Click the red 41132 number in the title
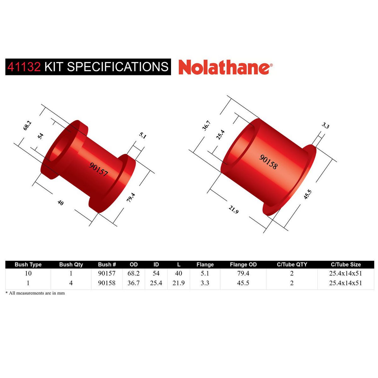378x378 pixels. click(x=24, y=67)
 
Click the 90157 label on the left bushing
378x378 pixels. click(x=99, y=169)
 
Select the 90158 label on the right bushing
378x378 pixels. click(x=268, y=162)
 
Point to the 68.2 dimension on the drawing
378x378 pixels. click(x=27, y=125)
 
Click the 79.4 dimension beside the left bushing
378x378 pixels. click(x=131, y=197)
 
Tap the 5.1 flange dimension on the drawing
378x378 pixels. click(x=143, y=136)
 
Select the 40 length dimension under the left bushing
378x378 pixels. click(x=60, y=203)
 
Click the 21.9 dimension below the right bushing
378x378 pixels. click(x=233, y=209)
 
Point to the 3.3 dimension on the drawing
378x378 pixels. click(x=325, y=126)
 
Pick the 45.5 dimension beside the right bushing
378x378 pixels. click(x=307, y=194)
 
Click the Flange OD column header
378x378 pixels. click(x=243, y=265)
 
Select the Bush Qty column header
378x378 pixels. click(x=71, y=265)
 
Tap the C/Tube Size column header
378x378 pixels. click(x=346, y=265)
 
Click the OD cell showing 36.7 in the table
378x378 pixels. click(x=134, y=283)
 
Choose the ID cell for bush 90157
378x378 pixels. click(x=156, y=273)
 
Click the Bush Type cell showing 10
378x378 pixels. click(x=28, y=273)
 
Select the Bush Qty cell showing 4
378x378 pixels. click(x=71, y=283)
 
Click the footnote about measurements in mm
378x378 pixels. click(x=35, y=293)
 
